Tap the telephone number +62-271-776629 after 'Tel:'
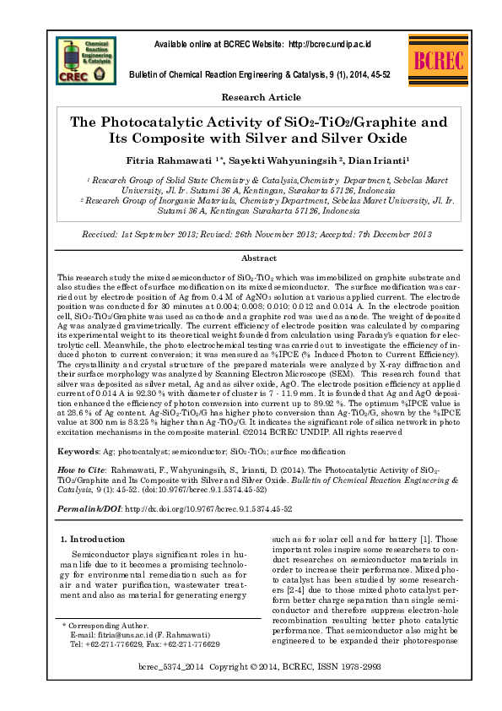tap(115, 643)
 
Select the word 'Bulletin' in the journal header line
tap(143, 74)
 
